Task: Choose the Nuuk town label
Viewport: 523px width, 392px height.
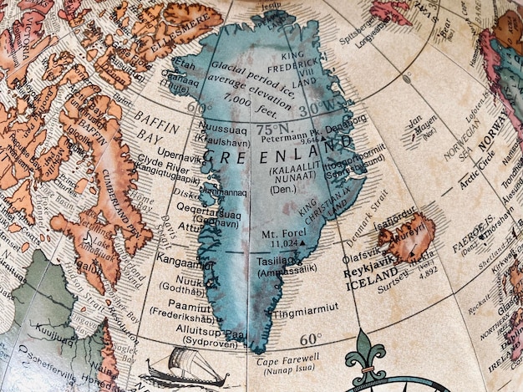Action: [191, 282]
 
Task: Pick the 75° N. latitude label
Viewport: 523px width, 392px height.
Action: [272, 130]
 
